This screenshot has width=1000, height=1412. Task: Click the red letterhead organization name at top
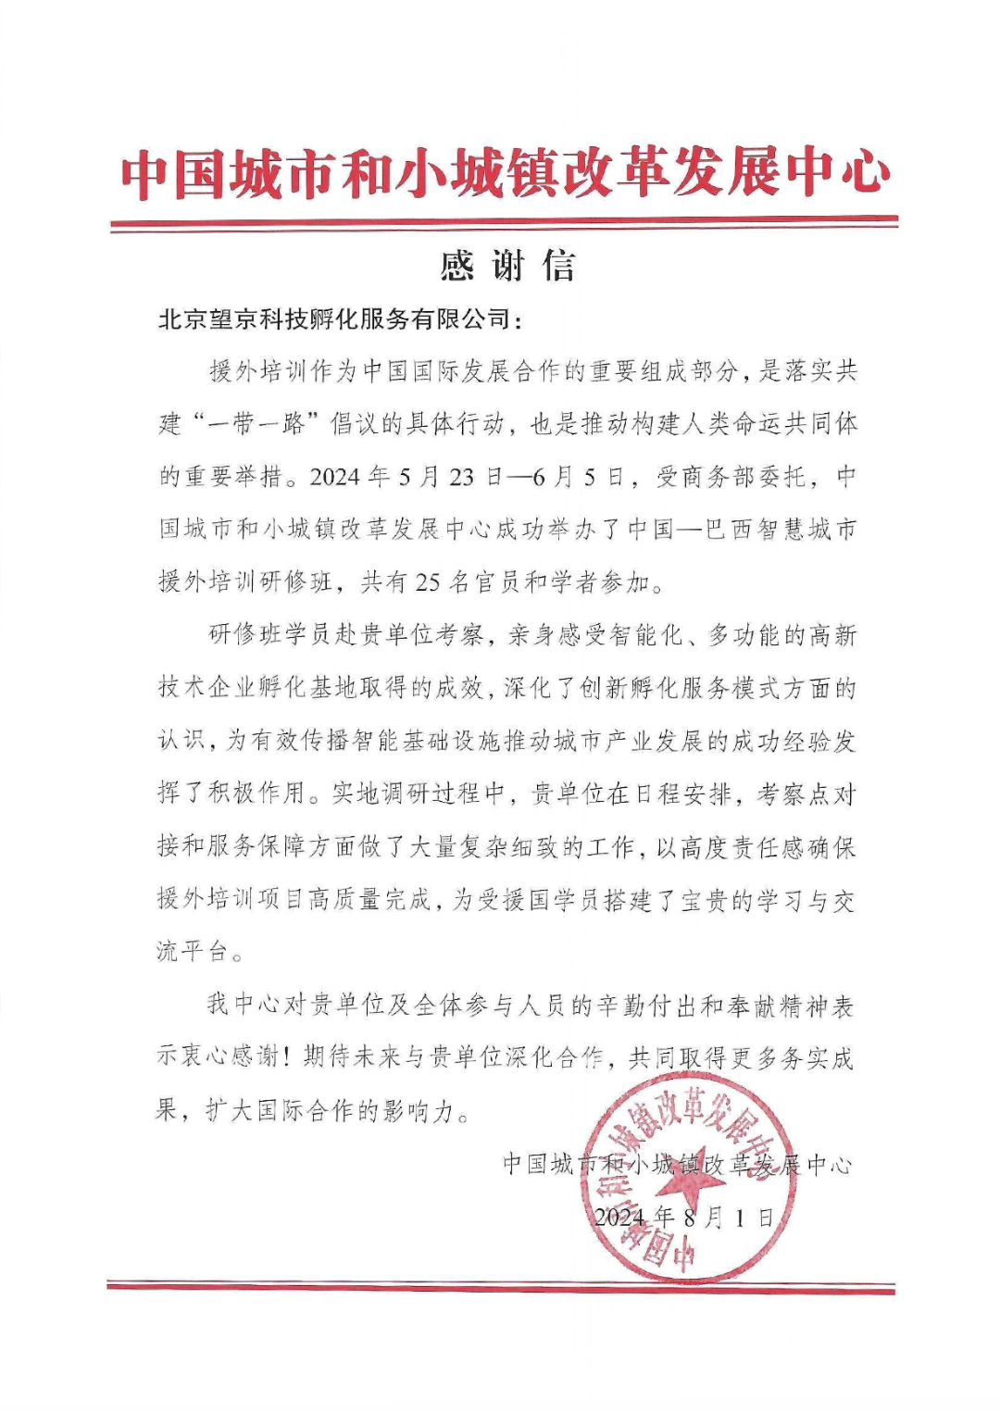pos(505,173)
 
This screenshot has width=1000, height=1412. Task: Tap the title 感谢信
pos(506,267)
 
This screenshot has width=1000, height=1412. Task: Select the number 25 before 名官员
pos(427,582)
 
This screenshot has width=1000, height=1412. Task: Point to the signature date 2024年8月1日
pos(683,1217)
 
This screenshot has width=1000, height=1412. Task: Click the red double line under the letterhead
pos(505,222)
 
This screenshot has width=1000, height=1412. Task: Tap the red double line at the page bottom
pos(501,1287)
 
